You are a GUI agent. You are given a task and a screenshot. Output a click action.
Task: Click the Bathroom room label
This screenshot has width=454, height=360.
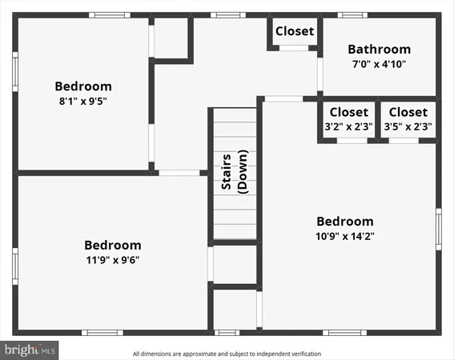point(379,50)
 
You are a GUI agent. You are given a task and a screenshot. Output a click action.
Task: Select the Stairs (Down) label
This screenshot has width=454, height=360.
point(235,172)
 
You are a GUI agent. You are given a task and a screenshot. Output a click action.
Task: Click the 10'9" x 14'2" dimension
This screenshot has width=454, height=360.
point(345,236)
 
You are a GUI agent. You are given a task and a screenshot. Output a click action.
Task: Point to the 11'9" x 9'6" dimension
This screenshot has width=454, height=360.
point(113,259)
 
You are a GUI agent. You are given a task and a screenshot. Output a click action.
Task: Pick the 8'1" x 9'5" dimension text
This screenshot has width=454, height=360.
point(82,101)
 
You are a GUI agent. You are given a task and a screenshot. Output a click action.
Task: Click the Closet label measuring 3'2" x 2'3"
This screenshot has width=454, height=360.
point(349,112)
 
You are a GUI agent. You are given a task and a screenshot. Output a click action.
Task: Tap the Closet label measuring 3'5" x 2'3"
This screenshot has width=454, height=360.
point(408,112)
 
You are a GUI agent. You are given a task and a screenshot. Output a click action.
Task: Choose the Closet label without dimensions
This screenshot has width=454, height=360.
point(295,31)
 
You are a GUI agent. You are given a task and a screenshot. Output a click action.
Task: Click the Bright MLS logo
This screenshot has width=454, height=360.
point(30,350)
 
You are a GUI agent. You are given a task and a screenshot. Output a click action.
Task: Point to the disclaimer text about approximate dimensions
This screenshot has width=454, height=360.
point(227,353)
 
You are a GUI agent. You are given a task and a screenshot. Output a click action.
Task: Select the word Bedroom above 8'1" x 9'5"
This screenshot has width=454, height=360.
point(82,86)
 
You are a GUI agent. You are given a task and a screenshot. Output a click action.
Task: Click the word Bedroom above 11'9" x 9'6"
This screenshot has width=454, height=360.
point(113,245)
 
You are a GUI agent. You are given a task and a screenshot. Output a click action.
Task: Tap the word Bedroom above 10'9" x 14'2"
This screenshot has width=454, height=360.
point(345,222)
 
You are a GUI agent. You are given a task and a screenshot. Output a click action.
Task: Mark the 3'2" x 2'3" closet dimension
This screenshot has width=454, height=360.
point(349,126)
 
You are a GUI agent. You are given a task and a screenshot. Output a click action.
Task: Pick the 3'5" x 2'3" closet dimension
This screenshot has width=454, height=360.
point(408,126)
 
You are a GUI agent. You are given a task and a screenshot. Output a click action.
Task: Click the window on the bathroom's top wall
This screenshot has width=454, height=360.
point(352,14)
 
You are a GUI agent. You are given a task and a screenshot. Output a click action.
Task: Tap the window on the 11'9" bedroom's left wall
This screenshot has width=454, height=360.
point(14,263)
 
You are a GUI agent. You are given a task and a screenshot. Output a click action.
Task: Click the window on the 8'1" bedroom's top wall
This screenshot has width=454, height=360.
point(110,14)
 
